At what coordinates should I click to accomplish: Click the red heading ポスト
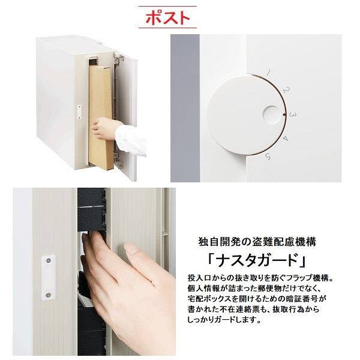(167, 17)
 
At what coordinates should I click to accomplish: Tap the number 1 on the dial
(269, 73)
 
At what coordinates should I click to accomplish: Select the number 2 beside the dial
(286, 89)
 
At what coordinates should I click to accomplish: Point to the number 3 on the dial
(293, 114)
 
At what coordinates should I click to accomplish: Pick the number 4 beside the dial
(285, 139)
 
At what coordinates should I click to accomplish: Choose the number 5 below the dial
(268, 157)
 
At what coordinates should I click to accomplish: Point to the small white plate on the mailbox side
(79, 112)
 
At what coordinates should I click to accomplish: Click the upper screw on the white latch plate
(49, 260)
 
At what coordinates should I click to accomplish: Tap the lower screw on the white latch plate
(49, 295)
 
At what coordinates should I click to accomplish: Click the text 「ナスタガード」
(256, 260)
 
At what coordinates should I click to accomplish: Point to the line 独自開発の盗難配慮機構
(257, 242)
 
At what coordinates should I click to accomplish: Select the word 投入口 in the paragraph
(199, 278)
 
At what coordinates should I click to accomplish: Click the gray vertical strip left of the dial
(185, 108)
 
